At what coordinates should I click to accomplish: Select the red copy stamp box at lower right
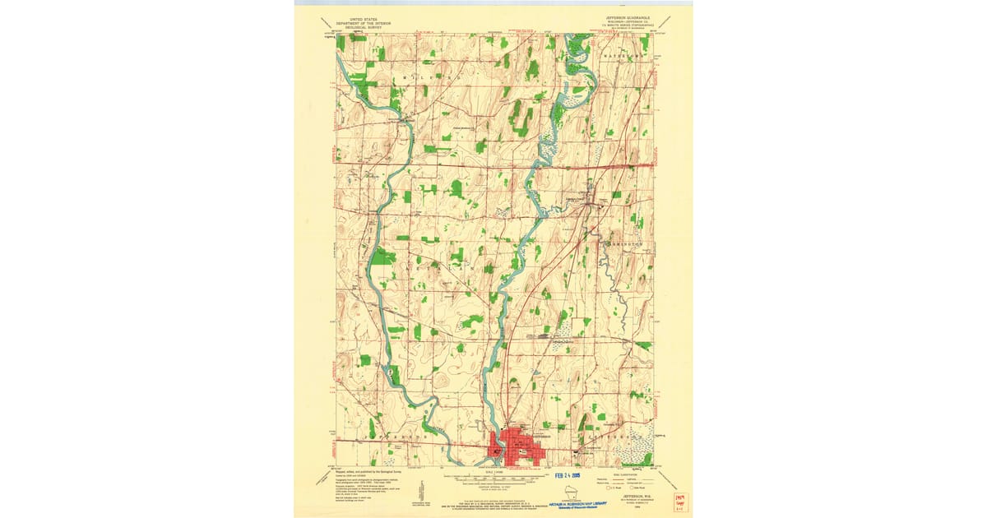click(x=681, y=502)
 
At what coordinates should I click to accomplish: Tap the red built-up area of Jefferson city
click(x=514, y=446)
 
